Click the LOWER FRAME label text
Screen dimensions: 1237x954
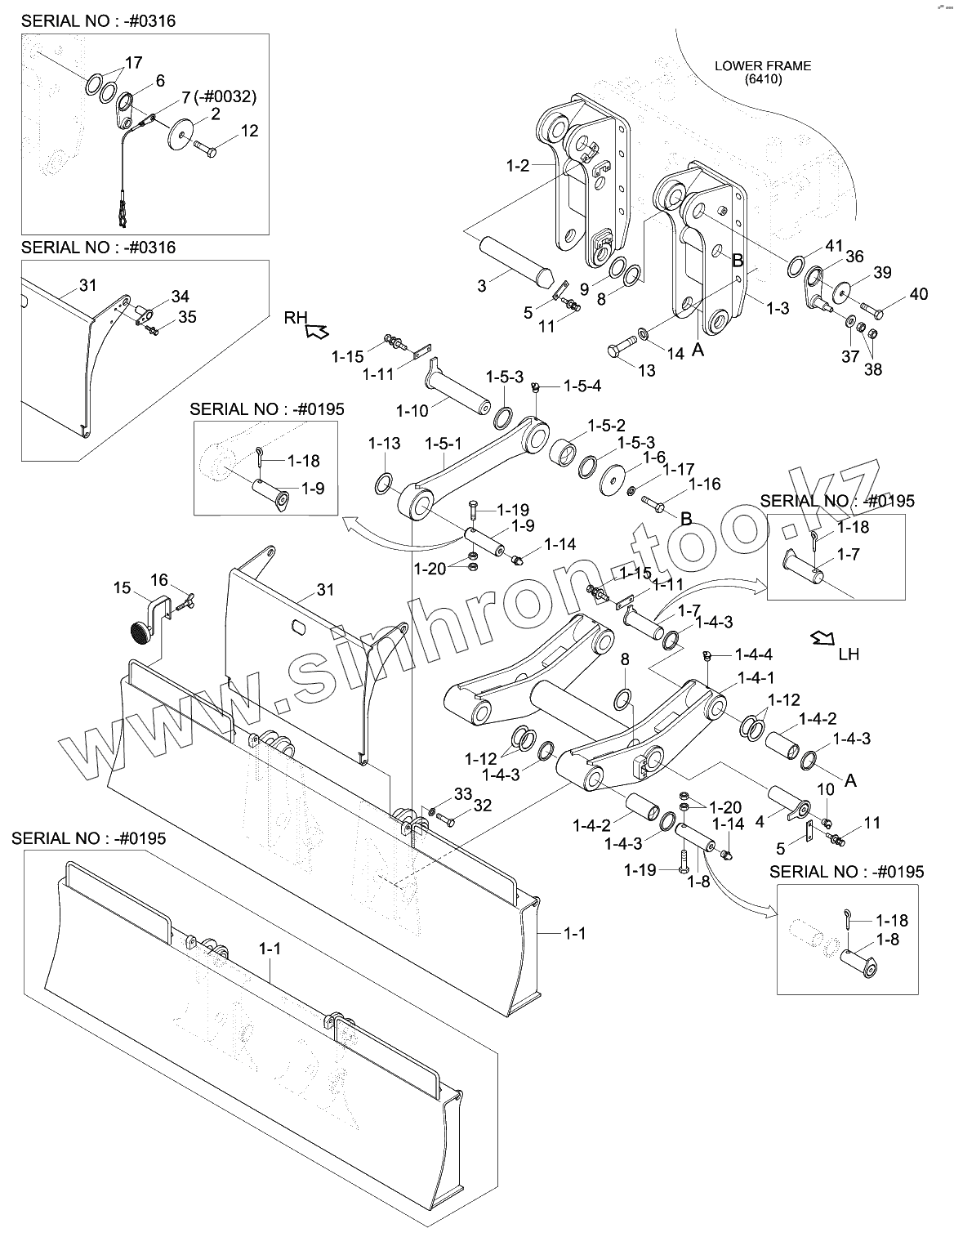[x=763, y=66]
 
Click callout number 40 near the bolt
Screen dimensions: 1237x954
[x=919, y=294]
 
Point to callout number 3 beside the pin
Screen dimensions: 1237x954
[x=482, y=285]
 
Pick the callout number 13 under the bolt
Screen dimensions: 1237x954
[x=646, y=371]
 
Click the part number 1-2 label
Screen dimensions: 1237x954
[x=518, y=166]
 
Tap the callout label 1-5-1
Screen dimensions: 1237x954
[x=443, y=444]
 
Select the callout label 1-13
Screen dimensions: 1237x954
[x=384, y=444]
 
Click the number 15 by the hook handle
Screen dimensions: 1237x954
[x=122, y=588]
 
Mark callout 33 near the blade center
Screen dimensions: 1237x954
[x=463, y=794]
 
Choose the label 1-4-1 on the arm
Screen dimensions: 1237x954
[x=756, y=677]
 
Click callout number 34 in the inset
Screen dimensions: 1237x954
[x=180, y=296]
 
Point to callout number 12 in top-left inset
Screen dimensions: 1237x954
[x=249, y=131]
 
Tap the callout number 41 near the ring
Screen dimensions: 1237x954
[x=833, y=245]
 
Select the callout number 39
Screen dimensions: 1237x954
[x=882, y=272]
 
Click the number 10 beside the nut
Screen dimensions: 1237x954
[x=826, y=788]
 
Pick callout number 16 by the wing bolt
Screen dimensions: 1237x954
[x=159, y=580]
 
